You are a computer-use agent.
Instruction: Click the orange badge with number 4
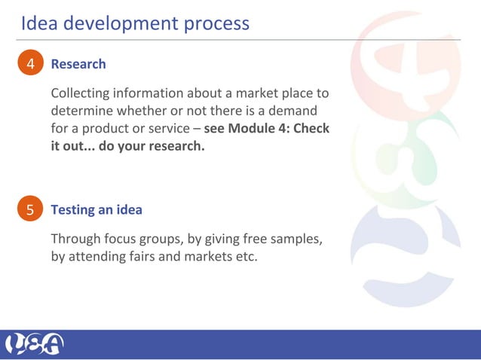click(31, 65)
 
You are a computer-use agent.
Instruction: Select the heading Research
click(78, 65)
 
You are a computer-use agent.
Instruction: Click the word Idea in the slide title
click(38, 23)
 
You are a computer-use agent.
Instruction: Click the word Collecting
click(79, 94)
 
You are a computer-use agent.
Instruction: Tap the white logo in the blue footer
click(35, 344)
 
